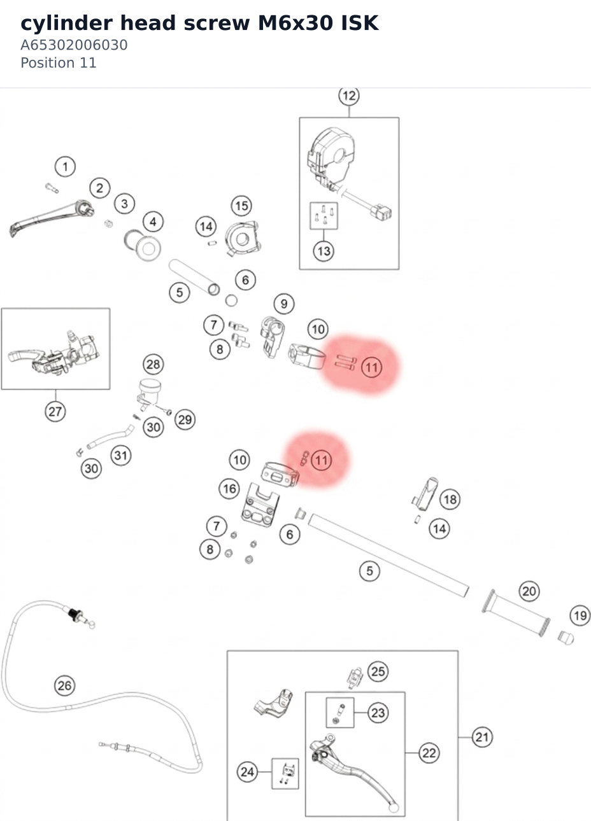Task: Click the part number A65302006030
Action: pos(74,45)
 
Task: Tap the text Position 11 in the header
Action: pos(59,62)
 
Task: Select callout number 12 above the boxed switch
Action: pos(349,96)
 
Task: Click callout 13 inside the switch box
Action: pos(324,251)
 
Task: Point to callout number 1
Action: pos(66,167)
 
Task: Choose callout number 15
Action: pos(241,206)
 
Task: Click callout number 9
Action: pos(284,304)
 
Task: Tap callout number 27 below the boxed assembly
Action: pos(55,412)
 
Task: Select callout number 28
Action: pos(153,364)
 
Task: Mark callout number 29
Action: pos(185,419)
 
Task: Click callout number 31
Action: pos(121,456)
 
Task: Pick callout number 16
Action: pos(230,489)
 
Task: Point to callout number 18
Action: pos(450,499)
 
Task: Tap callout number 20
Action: pos(529,591)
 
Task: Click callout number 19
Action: pos(580,616)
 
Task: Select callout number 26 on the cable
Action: pos(65,685)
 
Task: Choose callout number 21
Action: pos(482,737)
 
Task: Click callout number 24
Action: pos(247,772)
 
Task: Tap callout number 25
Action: pos(378,671)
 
